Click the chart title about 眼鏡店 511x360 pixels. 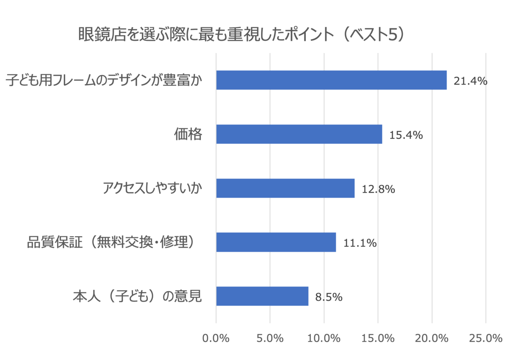241,35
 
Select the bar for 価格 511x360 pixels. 299,134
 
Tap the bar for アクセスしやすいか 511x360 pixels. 285,188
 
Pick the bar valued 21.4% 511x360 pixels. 331,80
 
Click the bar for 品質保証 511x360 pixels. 276,242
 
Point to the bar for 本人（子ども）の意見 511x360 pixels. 262,296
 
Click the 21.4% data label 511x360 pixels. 470,81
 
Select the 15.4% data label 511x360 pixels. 405,135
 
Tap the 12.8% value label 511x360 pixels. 378,189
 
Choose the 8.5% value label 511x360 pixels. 329,297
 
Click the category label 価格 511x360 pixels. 188,135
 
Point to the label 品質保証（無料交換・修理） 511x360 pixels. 114,243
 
